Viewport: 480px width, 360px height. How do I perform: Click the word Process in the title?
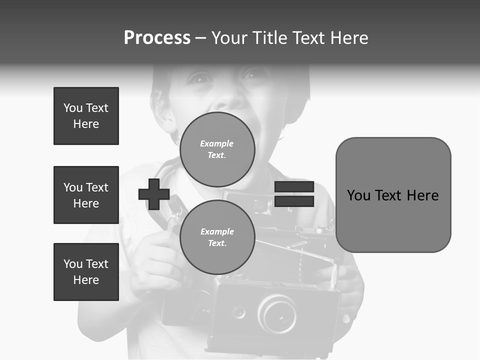point(157,38)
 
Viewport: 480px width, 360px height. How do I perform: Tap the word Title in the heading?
point(268,38)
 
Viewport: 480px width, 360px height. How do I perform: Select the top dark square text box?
point(86,116)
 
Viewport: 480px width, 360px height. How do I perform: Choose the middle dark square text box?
point(86,195)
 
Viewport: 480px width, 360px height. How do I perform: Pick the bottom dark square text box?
point(86,272)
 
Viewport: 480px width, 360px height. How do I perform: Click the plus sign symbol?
point(154,194)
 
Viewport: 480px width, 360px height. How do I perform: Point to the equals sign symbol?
point(294,194)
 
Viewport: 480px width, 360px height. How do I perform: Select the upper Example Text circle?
point(217,149)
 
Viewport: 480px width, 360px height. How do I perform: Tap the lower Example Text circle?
point(217,237)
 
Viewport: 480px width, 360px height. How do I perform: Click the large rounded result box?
point(393,195)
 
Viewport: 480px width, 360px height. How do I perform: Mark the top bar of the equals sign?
point(294,187)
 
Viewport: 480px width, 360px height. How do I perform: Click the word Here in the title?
point(349,38)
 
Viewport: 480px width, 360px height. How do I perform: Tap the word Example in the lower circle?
point(217,231)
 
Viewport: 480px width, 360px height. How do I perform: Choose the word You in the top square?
point(72,108)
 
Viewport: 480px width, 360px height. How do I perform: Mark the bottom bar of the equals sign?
point(294,201)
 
